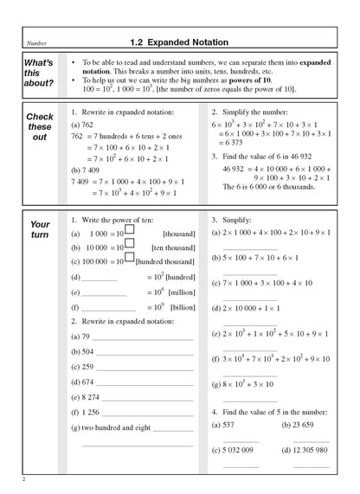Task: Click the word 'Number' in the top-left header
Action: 38,42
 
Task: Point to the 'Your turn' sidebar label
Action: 40,228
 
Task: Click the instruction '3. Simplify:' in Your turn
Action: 231,220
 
